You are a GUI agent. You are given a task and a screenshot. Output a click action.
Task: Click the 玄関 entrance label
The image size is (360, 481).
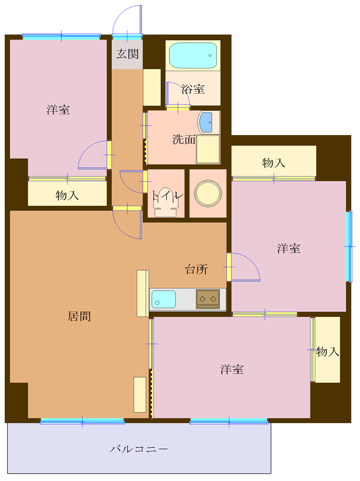(127, 54)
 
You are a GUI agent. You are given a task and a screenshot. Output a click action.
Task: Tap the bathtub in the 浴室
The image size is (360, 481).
(193, 56)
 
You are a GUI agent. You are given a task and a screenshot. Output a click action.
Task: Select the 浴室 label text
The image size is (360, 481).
(193, 90)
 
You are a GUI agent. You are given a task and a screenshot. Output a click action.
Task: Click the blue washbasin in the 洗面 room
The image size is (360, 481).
(207, 122)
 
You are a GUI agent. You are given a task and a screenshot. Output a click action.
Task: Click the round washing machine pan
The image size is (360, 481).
(208, 193)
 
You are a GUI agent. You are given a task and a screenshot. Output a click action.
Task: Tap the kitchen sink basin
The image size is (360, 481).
(164, 299)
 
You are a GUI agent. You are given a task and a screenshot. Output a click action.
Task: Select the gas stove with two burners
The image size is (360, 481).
(208, 299)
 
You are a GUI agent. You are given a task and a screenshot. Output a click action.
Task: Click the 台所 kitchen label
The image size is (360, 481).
(196, 269)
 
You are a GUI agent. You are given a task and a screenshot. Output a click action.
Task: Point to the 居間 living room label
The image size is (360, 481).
(79, 317)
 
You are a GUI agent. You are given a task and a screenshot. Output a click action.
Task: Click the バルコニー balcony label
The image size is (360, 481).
(139, 449)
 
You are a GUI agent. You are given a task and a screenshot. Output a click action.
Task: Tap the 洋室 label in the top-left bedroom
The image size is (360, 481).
(58, 110)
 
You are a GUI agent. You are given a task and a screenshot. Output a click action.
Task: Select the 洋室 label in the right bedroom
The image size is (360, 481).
(289, 249)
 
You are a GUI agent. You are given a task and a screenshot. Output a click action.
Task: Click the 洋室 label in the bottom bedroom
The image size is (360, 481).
(232, 369)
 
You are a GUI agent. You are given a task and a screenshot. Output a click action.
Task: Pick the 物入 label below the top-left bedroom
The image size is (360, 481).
(67, 195)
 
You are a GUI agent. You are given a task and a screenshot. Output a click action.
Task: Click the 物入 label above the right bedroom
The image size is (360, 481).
(274, 163)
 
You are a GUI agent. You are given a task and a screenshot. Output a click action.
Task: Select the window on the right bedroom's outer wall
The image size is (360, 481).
(350, 246)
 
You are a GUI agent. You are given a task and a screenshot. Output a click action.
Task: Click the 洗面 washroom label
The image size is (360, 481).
(184, 140)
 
